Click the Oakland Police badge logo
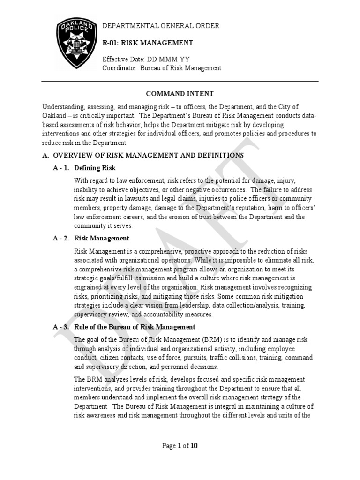(x=75, y=45)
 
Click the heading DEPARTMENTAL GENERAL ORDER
(x=161, y=26)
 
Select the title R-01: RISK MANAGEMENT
(x=148, y=43)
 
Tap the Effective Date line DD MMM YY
(x=146, y=60)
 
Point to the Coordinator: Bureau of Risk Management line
(x=162, y=68)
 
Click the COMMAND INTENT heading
(x=180, y=94)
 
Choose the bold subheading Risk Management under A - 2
(x=102, y=238)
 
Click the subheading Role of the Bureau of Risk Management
(x=135, y=327)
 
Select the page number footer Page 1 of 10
(x=180, y=446)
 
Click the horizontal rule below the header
(x=180, y=81)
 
